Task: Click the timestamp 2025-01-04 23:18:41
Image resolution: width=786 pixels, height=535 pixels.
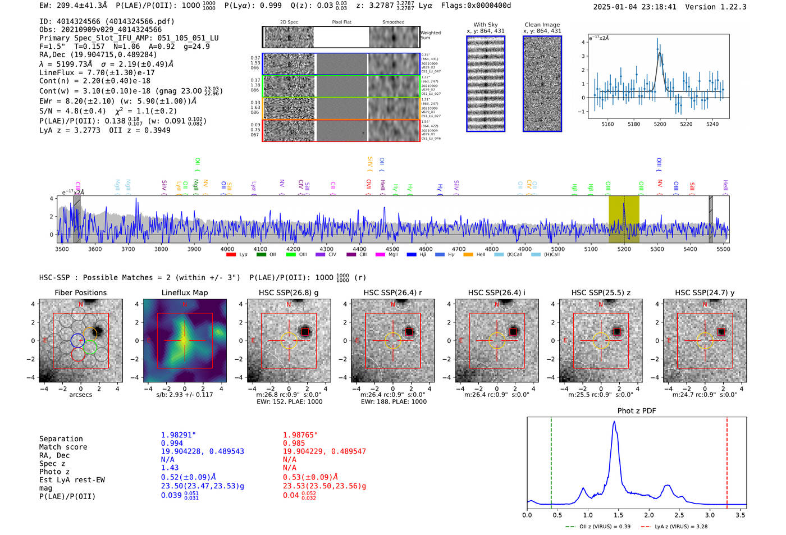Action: click(634, 7)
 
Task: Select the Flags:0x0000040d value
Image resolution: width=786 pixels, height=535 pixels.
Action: click(476, 6)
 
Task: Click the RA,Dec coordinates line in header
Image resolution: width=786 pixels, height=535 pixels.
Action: click(98, 55)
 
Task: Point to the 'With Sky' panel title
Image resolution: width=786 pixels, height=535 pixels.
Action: click(485, 25)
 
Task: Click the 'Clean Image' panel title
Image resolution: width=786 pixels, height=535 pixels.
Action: click(542, 25)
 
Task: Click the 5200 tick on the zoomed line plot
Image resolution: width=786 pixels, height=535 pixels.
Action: click(660, 124)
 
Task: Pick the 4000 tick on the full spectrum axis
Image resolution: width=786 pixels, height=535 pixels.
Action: click(227, 249)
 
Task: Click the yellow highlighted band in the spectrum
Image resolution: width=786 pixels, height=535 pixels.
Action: click(624, 219)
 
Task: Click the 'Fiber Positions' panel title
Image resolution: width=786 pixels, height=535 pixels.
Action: click(80, 292)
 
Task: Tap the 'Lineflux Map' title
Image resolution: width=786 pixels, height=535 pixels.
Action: click(184, 292)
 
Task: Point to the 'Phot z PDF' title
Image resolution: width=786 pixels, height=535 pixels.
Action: click(636, 411)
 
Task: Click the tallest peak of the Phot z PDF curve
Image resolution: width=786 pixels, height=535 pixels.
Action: click(614, 422)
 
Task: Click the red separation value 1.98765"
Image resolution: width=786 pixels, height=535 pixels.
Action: click(300, 435)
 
